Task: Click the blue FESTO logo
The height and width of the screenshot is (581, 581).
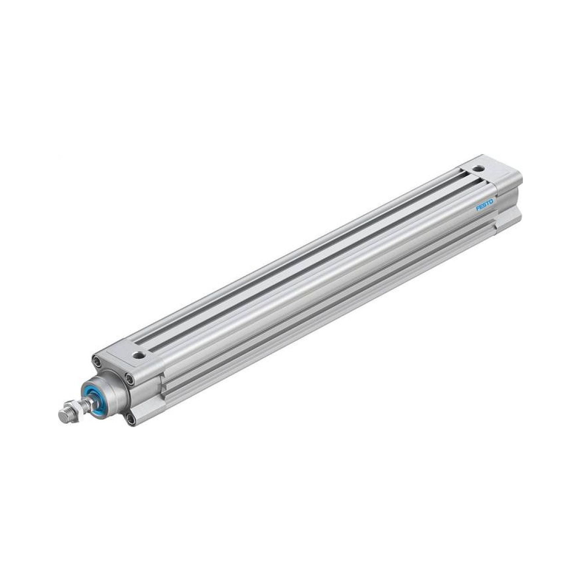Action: (485, 205)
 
